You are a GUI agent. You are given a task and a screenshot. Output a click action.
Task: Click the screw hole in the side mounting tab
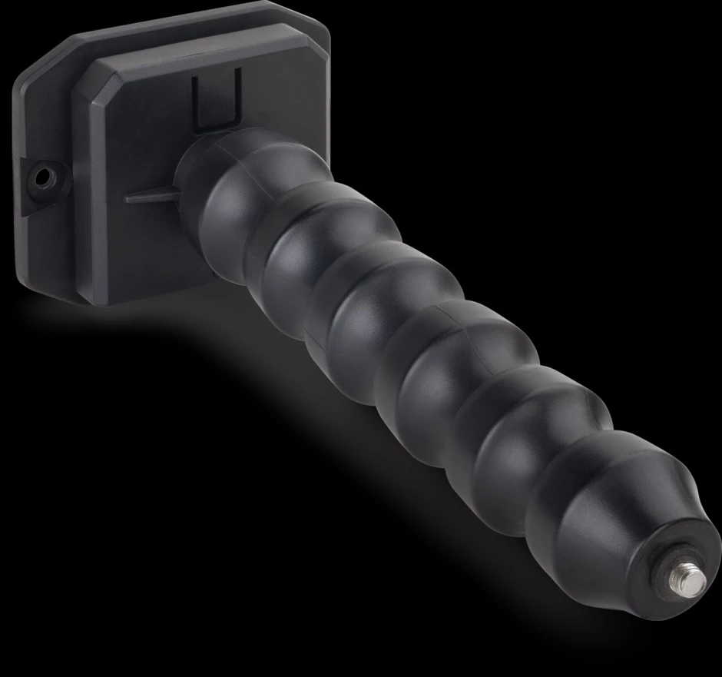click(45, 178)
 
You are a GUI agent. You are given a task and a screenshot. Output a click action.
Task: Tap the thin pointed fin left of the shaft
click(150, 197)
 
